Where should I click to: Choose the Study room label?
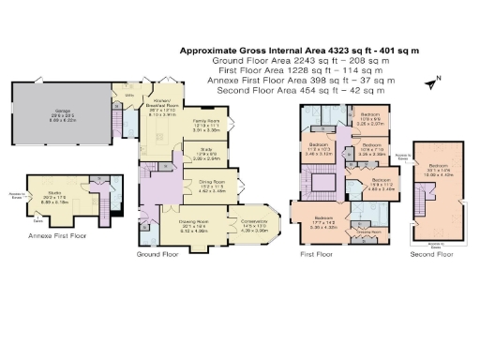(x=204, y=154)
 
